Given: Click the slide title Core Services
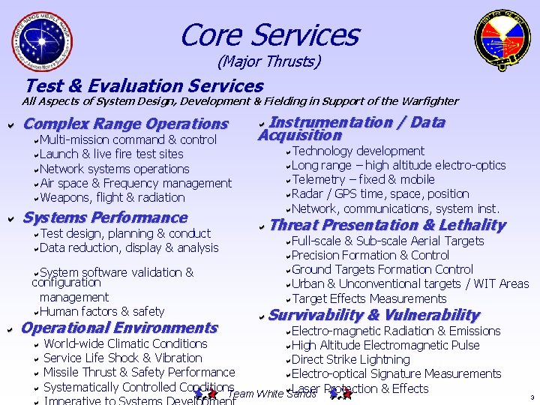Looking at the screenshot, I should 269,34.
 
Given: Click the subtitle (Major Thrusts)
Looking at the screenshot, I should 269,61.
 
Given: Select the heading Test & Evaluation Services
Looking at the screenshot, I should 144,86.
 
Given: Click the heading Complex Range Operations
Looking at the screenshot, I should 126,124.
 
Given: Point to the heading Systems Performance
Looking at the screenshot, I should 106,217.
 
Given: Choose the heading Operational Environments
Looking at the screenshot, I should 119,328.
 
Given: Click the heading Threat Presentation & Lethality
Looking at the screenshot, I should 387,225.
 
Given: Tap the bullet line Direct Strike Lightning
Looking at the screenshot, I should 350,359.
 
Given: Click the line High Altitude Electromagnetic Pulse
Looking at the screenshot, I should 385,345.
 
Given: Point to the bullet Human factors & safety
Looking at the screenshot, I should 101,311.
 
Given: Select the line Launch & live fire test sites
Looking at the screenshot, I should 111,154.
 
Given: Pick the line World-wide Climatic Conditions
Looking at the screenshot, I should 125,343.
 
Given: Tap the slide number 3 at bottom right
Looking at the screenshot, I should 531,397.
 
